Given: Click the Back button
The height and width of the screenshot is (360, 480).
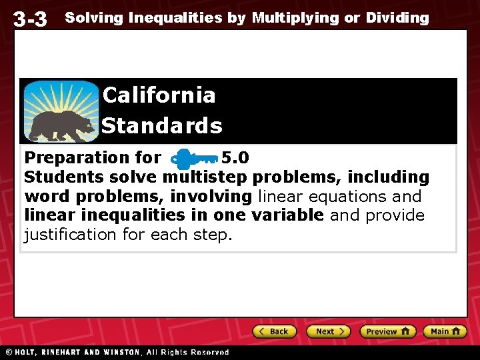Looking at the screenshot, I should click(273, 331).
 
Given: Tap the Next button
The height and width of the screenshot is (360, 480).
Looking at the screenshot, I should click(328, 331).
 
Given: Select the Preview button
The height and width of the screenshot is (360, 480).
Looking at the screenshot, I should click(387, 331).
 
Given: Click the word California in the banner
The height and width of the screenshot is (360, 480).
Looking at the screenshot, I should click(159, 95).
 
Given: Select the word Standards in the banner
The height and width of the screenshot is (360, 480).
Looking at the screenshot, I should click(162, 125).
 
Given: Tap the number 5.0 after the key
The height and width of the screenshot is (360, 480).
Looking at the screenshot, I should click(235, 158).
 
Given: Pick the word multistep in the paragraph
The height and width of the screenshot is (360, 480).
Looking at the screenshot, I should click(205, 177).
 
